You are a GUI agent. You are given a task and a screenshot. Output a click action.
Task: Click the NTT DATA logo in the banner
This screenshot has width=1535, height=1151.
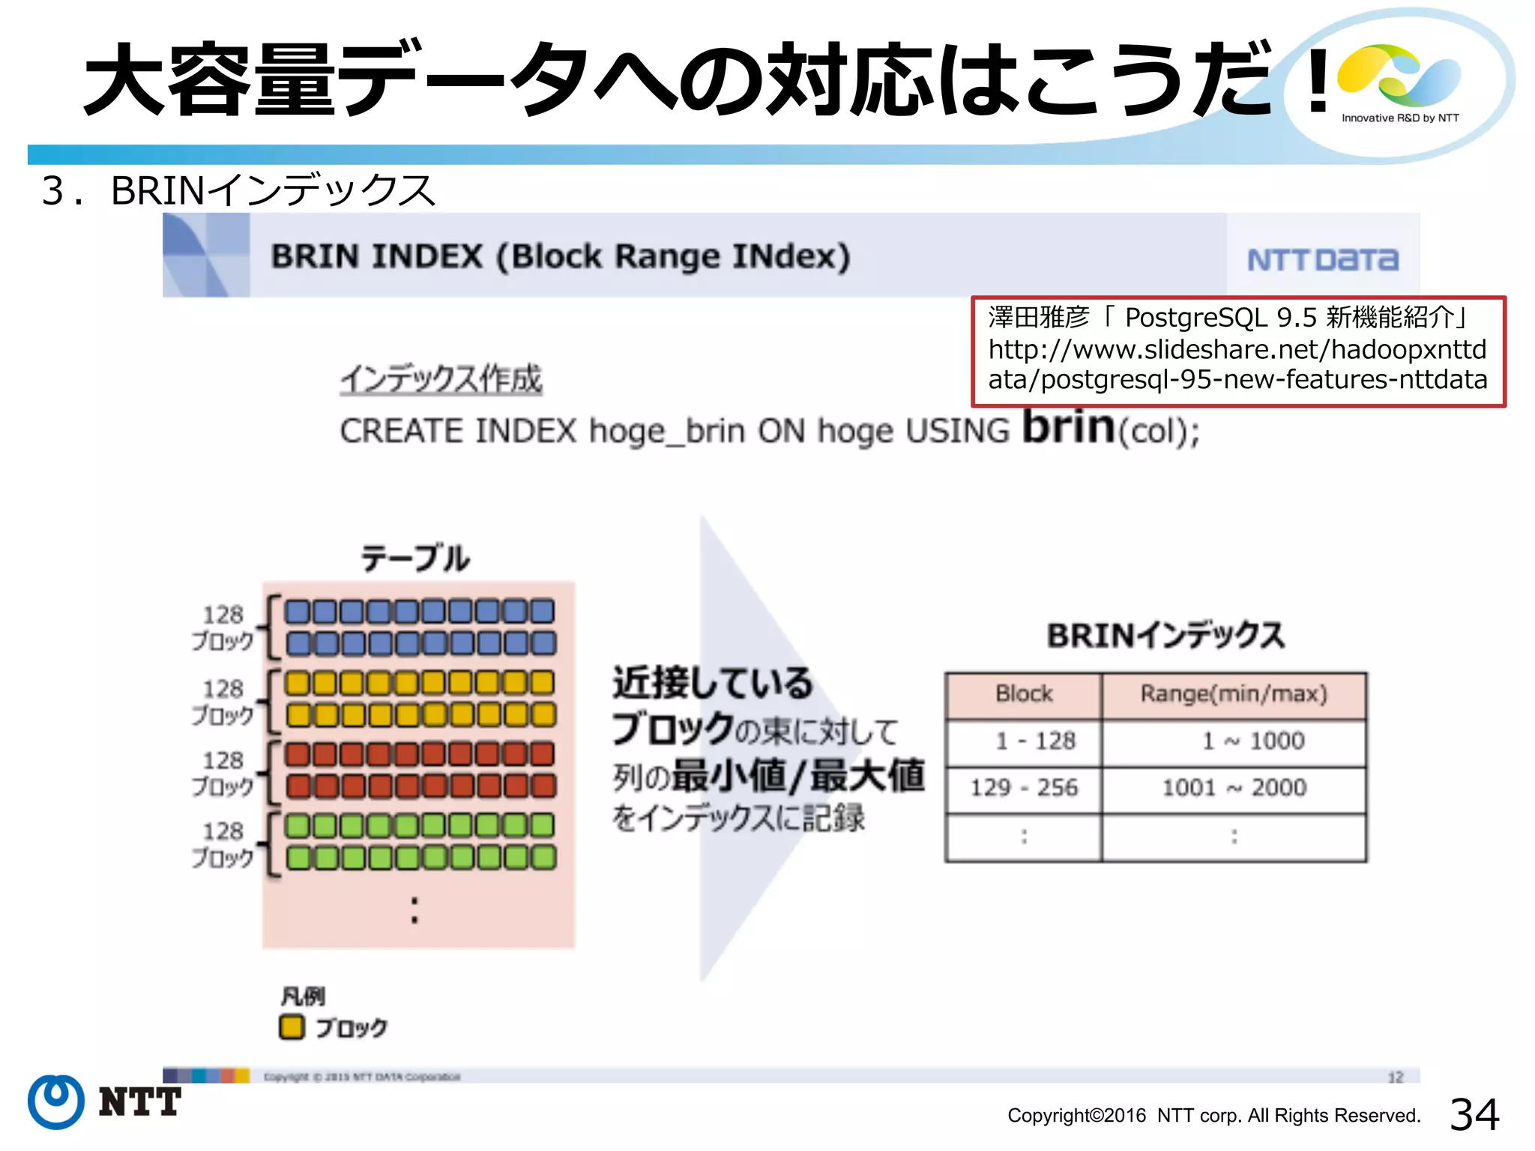tap(1322, 259)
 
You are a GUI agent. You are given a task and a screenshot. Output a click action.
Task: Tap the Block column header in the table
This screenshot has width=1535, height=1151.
tap(1024, 694)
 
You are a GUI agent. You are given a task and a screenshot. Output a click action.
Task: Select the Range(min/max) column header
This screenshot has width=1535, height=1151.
tap(1234, 694)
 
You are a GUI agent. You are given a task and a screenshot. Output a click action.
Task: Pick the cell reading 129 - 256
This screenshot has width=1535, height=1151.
tap(1024, 788)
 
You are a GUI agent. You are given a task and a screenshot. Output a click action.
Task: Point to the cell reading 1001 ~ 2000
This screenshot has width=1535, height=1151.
tap(1234, 788)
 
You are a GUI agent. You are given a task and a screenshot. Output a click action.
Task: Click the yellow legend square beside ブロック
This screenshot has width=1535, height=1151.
tap(292, 1027)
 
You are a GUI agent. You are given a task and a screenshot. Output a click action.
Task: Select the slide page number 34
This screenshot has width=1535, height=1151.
tap(1474, 1114)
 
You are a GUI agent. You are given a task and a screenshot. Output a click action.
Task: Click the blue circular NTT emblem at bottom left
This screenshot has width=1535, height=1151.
tap(56, 1102)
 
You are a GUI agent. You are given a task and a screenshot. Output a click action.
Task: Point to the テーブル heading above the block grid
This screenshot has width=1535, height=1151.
tap(415, 558)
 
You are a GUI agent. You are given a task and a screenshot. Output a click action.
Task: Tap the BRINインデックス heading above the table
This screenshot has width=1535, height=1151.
tap(1165, 635)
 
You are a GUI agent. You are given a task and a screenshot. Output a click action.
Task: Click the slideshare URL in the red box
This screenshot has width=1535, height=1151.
tap(1237, 364)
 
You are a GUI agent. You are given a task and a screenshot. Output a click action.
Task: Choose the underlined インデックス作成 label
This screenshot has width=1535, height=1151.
tap(441, 379)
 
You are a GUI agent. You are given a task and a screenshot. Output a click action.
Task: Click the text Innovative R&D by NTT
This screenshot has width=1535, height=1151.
tap(1400, 118)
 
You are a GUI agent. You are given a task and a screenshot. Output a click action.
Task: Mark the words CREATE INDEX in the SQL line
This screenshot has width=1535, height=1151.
tap(458, 431)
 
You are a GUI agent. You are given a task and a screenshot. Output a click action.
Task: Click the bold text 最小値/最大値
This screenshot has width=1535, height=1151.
tap(797, 776)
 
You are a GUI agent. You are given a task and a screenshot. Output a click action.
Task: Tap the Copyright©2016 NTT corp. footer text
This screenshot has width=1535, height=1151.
tap(1213, 1116)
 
